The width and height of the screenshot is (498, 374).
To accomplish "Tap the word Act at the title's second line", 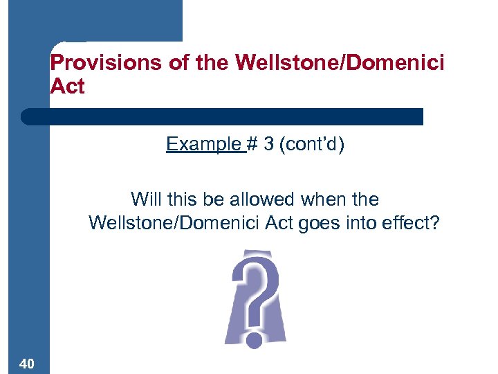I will (68, 87).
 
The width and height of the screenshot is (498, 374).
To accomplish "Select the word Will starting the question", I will (145, 199).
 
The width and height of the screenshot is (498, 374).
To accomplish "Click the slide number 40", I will (28, 364).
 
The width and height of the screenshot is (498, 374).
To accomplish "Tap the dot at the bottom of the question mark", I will (254, 339).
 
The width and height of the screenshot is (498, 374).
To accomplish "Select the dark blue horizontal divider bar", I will (221, 116).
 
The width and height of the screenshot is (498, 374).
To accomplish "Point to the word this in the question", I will (182, 199).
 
